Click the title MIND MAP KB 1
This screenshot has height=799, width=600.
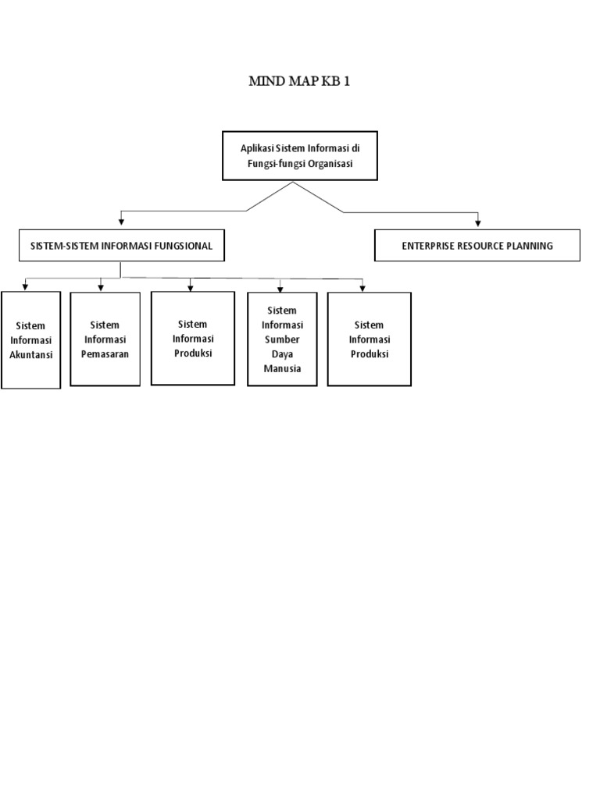[x=299, y=81]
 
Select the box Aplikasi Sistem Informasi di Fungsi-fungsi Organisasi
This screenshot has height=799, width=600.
[x=299, y=156]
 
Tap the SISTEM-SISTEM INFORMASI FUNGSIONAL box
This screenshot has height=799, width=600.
[x=121, y=246]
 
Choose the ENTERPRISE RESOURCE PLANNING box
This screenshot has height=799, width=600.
[x=477, y=246]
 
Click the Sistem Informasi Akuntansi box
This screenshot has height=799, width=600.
[x=30, y=339]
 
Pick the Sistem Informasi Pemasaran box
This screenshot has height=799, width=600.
[x=105, y=339]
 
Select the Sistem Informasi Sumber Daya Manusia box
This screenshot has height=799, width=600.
[x=282, y=339]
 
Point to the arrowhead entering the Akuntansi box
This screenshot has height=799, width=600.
[x=25, y=287]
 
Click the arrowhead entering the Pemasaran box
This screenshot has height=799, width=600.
[x=101, y=287]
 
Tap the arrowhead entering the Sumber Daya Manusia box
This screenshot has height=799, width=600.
[x=280, y=287]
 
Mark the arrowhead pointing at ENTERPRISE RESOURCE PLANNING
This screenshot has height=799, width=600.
[x=478, y=225]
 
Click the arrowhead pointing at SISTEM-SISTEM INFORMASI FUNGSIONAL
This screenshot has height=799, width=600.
[x=120, y=225]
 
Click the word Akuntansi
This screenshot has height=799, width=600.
[x=30, y=354]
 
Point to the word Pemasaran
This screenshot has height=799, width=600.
[x=105, y=353]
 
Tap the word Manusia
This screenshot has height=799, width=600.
[x=282, y=368]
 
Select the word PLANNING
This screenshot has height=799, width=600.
[x=531, y=246]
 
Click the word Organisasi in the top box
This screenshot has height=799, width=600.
[x=326, y=164]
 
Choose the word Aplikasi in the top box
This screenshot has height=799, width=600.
[x=259, y=147]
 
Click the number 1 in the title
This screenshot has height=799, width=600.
[x=346, y=81]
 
